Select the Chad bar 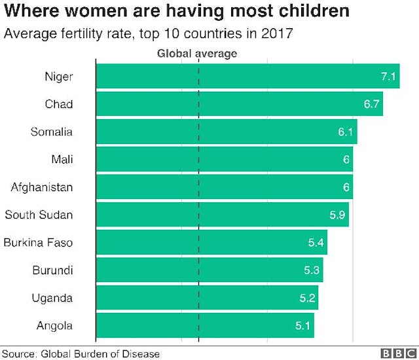(239, 104)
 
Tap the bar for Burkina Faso (211, 243)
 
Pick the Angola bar (205, 325)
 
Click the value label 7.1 (389, 77)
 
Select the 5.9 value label (338, 215)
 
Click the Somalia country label (52, 132)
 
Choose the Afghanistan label (42, 187)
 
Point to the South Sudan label (39, 215)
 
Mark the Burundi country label (52, 270)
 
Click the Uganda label (52, 298)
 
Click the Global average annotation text (196, 53)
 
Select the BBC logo (397, 353)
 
